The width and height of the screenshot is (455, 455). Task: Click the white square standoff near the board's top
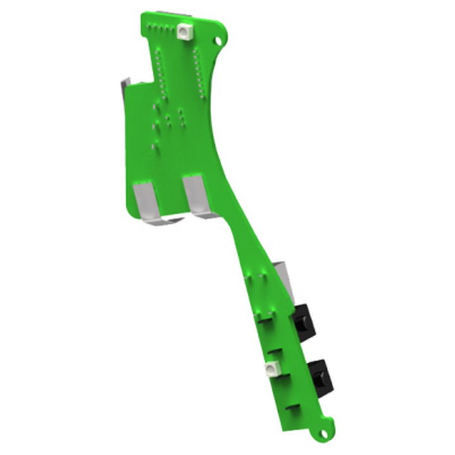(185, 30)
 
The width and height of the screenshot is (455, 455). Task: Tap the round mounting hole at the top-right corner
(218, 41)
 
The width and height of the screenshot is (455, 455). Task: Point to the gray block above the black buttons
(283, 278)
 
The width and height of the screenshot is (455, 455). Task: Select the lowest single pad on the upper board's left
(153, 147)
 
